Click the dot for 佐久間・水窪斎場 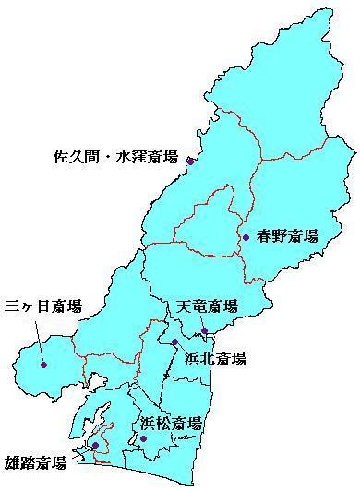[190, 162]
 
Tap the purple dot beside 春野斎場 [246, 237]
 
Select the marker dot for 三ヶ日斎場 [43, 365]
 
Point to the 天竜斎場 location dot [204, 330]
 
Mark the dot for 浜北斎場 [174, 342]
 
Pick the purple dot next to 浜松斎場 [143, 438]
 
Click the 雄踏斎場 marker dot [95, 446]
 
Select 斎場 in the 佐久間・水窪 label [164, 158]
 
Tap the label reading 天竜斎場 [207, 306]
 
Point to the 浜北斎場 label [215, 359]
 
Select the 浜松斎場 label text [171, 424]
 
